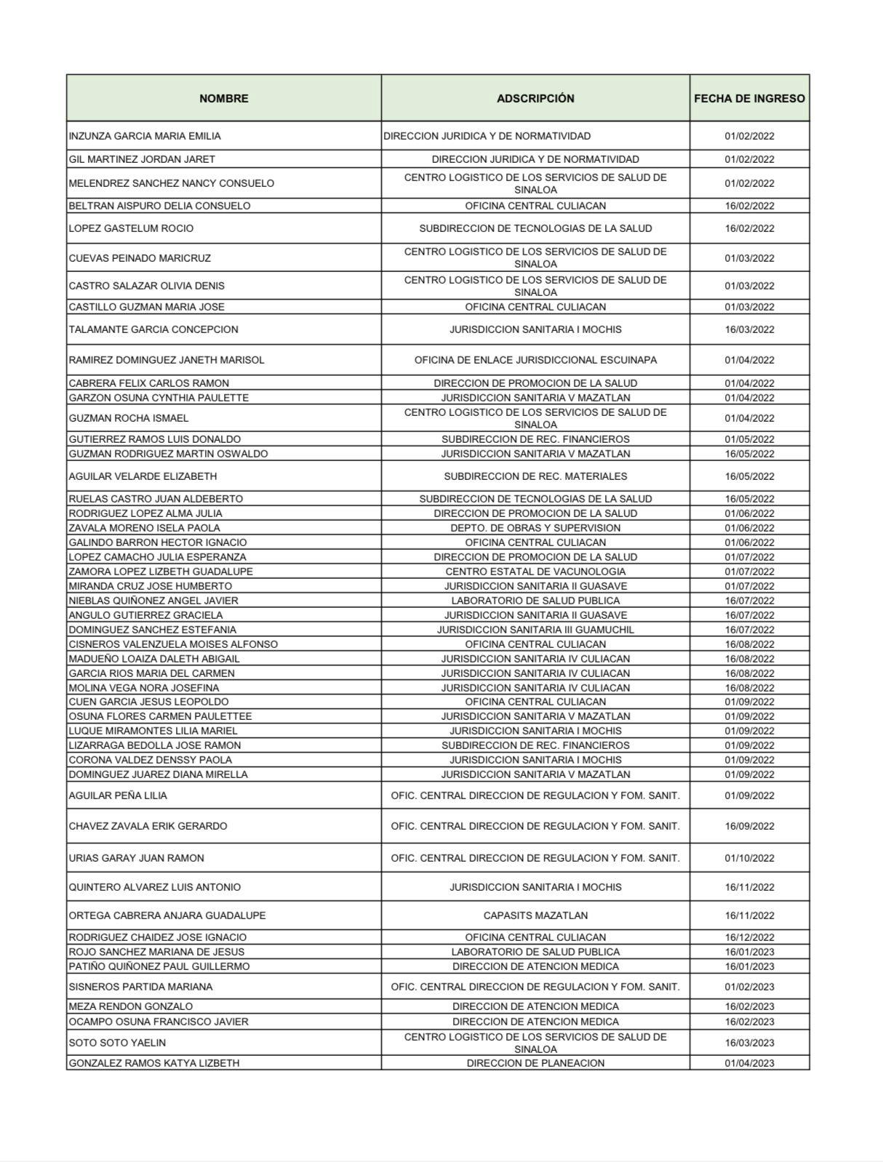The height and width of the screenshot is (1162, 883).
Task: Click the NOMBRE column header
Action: click(x=223, y=98)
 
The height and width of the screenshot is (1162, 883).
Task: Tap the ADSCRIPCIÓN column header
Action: click(x=535, y=98)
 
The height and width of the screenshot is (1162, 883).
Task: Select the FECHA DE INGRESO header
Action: click(x=749, y=98)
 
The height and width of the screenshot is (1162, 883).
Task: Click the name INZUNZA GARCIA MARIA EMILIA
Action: click(x=145, y=136)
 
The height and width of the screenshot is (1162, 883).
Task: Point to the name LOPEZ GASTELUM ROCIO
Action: click(x=131, y=228)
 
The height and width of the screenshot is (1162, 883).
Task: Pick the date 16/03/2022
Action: click(x=749, y=329)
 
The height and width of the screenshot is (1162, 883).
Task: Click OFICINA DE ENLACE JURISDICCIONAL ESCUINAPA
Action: click(x=535, y=360)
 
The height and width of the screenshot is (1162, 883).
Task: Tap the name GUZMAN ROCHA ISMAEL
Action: click(x=129, y=418)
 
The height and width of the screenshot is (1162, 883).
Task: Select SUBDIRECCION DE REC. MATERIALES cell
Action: click(x=535, y=476)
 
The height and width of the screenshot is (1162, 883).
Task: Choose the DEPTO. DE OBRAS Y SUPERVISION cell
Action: click(x=535, y=528)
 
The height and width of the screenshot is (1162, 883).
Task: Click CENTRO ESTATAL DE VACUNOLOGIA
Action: click(x=535, y=572)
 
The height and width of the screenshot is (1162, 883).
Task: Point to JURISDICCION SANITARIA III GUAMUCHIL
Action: click(x=535, y=630)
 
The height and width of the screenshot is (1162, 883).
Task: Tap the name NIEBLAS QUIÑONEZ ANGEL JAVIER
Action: click(x=153, y=601)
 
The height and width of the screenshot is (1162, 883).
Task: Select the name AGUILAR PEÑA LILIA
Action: click(x=118, y=796)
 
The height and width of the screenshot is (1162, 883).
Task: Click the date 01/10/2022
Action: click(x=749, y=858)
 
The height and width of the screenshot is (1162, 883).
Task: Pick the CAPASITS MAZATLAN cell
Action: click(x=535, y=915)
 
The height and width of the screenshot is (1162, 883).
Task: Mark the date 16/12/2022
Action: click(x=749, y=937)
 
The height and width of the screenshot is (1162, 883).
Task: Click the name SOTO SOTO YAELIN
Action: click(x=117, y=1043)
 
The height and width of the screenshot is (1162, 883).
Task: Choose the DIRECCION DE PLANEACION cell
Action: click(x=535, y=1063)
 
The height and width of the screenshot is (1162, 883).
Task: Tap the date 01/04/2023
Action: click(x=749, y=1063)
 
